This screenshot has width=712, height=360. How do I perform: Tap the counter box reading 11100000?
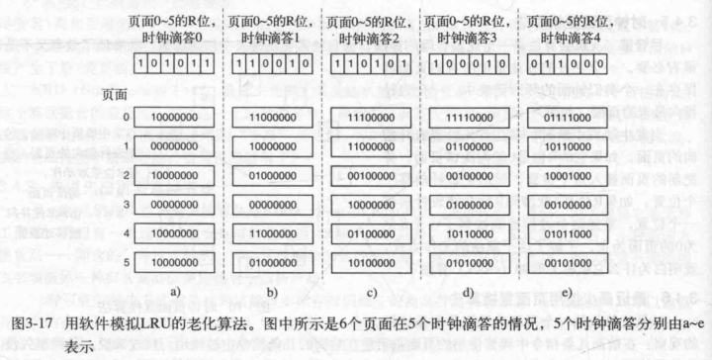(x=370, y=117)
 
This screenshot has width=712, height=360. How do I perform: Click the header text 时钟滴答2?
(x=370, y=37)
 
